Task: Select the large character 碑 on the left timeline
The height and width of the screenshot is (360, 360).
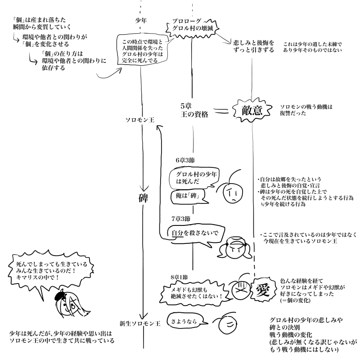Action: coord(143,198)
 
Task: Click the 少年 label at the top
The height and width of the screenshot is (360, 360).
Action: coord(141,21)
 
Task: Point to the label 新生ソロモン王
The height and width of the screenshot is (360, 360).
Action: coord(140,323)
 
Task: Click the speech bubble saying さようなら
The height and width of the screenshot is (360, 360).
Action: coord(184,321)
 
